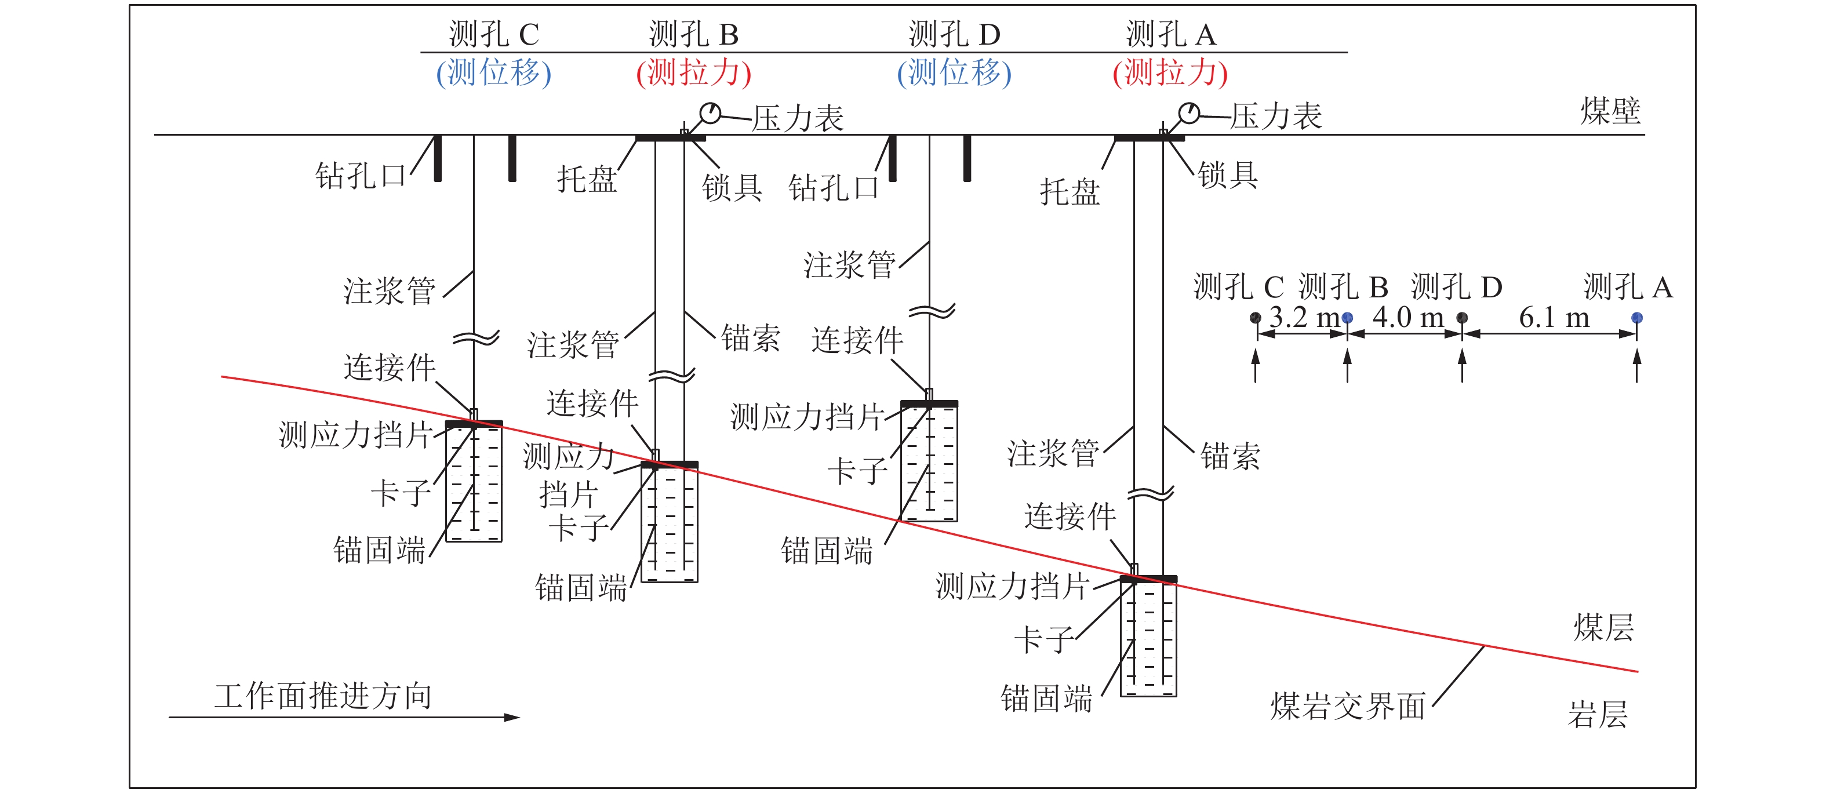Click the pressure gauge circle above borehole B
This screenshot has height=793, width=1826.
710,112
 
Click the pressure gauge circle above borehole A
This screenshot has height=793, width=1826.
1189,112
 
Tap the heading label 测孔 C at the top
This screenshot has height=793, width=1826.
494,34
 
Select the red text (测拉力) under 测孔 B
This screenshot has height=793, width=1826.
693,73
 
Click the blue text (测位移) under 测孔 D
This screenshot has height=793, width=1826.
954,73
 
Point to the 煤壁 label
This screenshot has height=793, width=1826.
1610,111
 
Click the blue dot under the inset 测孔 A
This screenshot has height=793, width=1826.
1637,318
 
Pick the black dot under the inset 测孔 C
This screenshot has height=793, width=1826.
1256,318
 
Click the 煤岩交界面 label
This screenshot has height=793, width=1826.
1348,707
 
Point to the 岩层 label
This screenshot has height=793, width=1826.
1597,714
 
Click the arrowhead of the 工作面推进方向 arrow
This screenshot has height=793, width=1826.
512,717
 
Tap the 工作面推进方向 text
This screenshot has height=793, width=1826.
323,696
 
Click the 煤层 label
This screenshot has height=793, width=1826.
1603,628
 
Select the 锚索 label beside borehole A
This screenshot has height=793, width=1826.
1231,456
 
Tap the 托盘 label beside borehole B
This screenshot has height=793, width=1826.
586,179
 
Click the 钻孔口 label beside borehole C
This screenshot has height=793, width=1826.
360,176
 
